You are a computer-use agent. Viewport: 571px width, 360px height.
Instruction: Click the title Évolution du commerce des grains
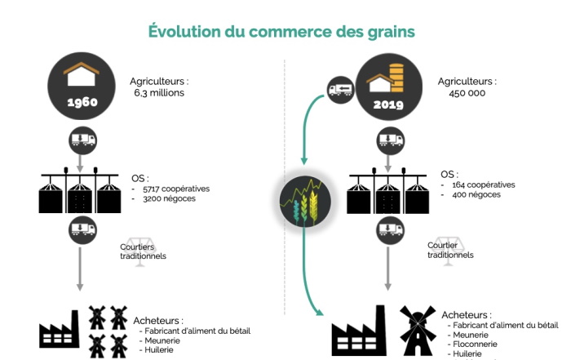tap(281, 31)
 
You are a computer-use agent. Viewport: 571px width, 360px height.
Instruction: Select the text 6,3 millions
tap(160, 93)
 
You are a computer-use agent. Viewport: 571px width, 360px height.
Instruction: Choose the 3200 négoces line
tap(166, 198)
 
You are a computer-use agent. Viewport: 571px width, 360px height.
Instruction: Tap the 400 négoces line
tap(474, 194)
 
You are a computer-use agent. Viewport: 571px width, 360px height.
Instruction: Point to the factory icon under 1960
tap(60, 331)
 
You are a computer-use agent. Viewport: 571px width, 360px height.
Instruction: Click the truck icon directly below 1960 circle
tap(82, 140)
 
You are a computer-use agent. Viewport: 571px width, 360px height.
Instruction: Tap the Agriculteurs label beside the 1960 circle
tap(159, 82)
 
